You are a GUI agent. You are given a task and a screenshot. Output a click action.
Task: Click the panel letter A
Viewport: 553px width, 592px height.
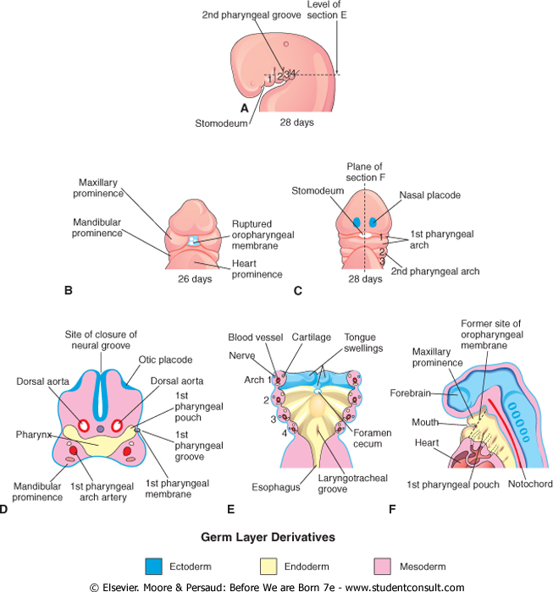244,108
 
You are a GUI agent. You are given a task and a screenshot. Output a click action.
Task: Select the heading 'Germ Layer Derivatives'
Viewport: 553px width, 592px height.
276,537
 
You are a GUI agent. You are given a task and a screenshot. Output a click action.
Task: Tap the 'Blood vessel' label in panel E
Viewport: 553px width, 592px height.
252,336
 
